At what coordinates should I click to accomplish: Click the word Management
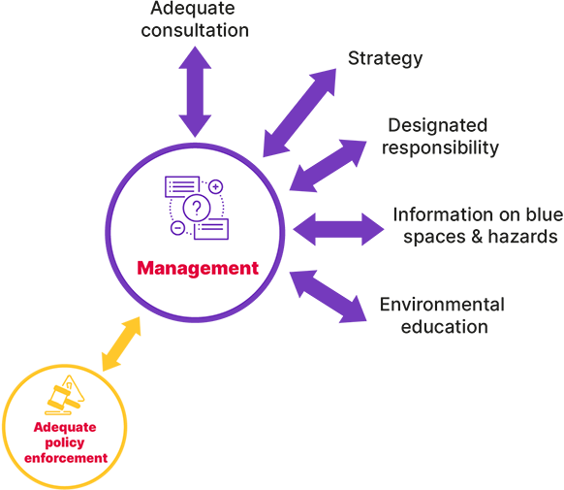pos(198,268)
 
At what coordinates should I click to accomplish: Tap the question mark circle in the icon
pos(197,208)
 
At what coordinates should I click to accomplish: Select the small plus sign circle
pos(216,186)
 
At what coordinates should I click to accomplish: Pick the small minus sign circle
pos(177,229)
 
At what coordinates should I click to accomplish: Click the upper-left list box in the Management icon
pos(182,185)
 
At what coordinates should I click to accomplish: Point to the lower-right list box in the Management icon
pos(211,229)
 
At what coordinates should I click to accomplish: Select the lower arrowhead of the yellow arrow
pos(108,362)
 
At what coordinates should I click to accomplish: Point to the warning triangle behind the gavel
pos(74,392)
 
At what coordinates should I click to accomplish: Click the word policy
pos(65,442)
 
